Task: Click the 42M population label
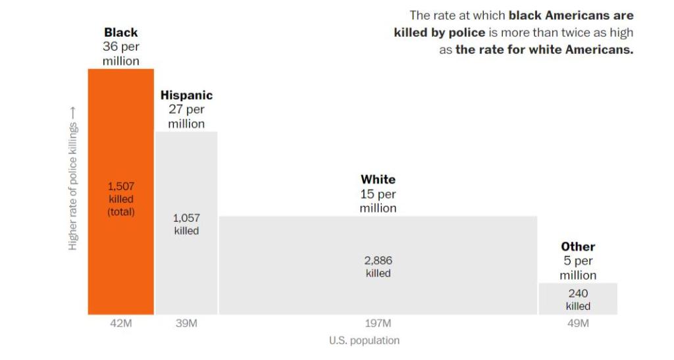(x=121, y=324)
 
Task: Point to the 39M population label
(x=186, y=324)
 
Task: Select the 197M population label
(x=378, y=324)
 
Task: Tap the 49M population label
(x=577, y=324)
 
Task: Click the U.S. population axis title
(x=364, y=341)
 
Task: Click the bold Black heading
(x=121, y=32)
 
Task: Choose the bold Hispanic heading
(x=186, y=95)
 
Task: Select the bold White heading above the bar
(x=378, y=179)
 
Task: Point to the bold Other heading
(x=578, y=247)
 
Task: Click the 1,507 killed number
(x=121, y=187)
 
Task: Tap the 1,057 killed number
(x=186, y=218)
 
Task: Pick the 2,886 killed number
(x=378, y=261)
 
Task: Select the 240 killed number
(x=578, y=294)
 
